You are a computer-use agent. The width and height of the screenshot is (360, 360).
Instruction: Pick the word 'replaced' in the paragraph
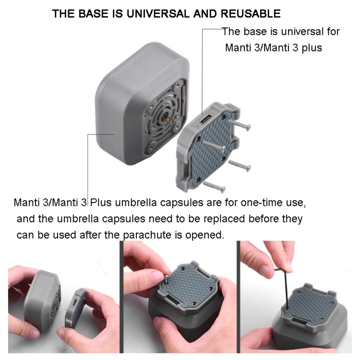coord(199,219)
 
